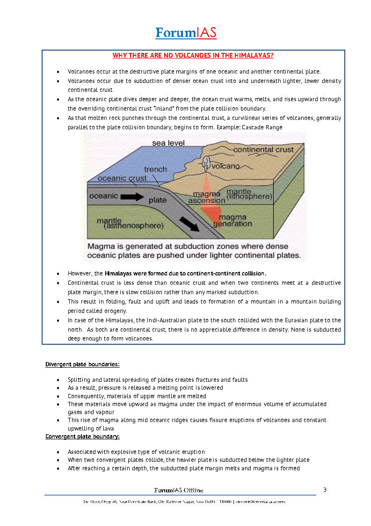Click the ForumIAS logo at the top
pos(186,33)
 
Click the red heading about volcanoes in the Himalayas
pos(193,55)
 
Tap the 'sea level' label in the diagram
pos(168,142)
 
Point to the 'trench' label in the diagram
pos(155,169)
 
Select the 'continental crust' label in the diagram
pos(263,150)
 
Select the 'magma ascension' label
pos(207,197)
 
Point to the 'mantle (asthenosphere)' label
pos(130,223)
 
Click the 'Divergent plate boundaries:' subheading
pos(82,364)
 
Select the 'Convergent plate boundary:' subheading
pos(82,437)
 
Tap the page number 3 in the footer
pos(325,490)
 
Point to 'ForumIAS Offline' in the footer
pos(179,490)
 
